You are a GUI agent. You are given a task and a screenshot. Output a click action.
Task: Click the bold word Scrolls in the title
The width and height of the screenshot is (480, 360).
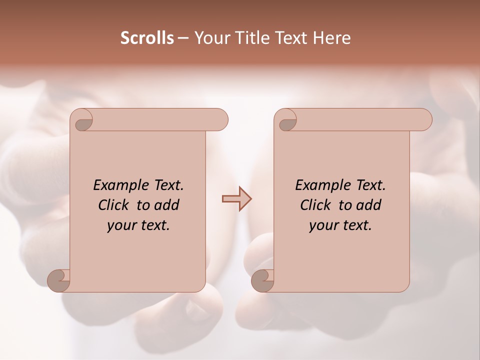click(x=147, y=38)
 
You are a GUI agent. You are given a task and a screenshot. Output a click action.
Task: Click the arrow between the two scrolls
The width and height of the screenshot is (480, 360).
click(x=236, y=199)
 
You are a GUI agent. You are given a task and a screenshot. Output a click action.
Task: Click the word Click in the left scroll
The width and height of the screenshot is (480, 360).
click(x=115, y=205)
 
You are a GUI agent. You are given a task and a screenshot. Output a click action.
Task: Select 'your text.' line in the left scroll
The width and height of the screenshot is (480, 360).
click(x=138, y=225)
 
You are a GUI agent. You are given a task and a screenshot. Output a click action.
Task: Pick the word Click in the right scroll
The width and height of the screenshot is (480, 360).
click(x=317, y=205)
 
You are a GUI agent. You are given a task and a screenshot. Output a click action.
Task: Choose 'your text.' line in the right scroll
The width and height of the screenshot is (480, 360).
click(x=340, y=225)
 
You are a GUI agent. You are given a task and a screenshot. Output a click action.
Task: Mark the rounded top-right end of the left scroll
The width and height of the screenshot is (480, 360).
click(x=220, y=120)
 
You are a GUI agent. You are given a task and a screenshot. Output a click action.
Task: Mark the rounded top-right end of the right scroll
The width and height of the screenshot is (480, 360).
click(x=424, y=120)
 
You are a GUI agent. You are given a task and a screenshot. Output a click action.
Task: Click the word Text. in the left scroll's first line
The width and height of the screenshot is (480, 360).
click(x=165, y=185)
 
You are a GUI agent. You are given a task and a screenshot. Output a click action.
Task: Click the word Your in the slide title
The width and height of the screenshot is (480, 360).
click(x=211, y=38)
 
